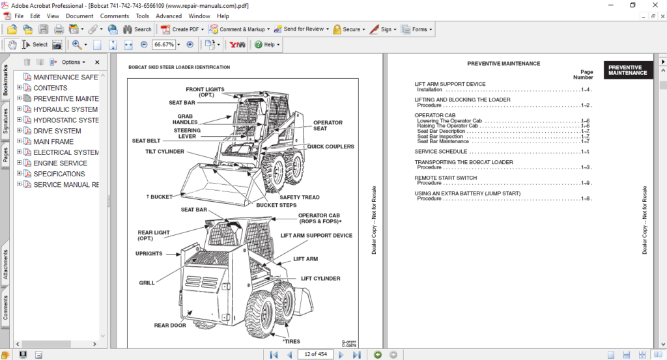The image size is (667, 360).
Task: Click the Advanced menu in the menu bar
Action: (169, 16)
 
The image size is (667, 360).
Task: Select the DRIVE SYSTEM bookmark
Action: (57, 131)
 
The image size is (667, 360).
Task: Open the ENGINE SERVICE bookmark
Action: (60, 163)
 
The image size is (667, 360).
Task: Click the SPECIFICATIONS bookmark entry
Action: (59, 174)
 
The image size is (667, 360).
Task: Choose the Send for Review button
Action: (299, 29)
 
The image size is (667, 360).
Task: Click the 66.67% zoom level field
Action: (163, 45)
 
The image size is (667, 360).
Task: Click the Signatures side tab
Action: (6, 121)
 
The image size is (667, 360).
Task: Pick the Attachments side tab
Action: (6, 264)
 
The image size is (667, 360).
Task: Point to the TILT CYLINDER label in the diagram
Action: (165, 151)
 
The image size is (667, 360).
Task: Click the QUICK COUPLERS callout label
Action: (330, 146)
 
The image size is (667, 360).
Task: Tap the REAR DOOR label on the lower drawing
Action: (169, 325)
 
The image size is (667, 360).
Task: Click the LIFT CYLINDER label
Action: (320, 279)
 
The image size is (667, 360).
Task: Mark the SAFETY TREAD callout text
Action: (300, 197)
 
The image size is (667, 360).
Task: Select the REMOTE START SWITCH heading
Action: (446, 178)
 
